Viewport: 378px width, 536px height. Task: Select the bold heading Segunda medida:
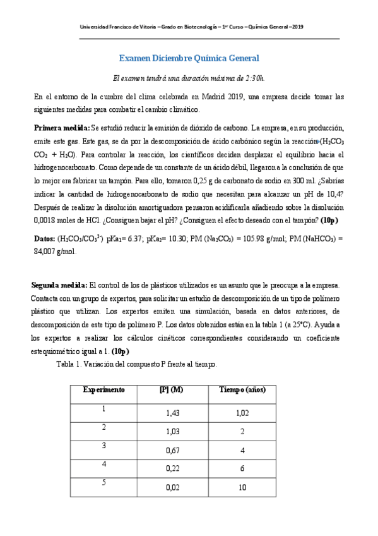[x=60, y=284]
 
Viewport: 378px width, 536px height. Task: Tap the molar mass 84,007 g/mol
[x=54, y=233]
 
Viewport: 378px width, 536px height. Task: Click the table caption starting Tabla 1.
[x=137, y=365]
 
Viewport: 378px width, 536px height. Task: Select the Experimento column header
[x=103, y=390]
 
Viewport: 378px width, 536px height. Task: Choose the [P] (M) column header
[x=172, y=390]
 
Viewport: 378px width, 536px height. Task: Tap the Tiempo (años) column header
[x=241, y=390]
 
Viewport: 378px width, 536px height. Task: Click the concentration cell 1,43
[x=172, y=413]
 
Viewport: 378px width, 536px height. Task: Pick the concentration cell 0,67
[x=172, y=450]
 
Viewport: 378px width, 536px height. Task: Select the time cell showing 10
[x=241, y=487]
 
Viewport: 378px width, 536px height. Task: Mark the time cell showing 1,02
[x=241, y=413]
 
